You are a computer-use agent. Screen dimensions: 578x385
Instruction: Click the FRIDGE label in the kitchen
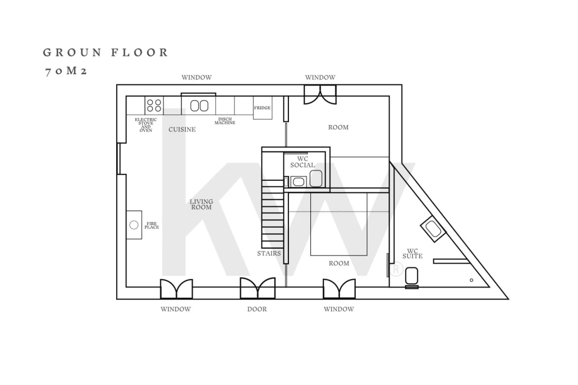[x=262, y=107]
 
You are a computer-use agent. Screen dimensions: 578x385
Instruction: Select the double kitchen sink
[x=199, y=106]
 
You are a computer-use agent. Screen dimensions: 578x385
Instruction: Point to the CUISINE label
[x=182, y=129]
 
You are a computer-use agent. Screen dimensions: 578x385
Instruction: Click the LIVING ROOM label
[x=201, y=204]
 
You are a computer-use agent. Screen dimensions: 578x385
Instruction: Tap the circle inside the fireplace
[x=134, y=225]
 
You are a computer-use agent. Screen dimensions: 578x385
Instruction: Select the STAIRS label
[x=269, y=253]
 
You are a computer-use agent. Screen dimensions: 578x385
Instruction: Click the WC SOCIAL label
[x=302, y=161]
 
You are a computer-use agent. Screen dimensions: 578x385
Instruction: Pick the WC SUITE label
[x=413, y=253]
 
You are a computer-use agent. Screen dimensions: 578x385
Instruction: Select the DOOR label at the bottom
[x=257, y=309]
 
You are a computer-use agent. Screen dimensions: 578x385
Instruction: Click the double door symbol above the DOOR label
[x=257, y=288]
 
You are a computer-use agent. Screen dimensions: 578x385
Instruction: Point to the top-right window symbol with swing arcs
[x=320, y=95]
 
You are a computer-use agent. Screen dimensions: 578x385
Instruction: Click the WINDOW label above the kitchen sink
[x=196, y=78]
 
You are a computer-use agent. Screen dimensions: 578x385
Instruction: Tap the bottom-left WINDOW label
[x=176, y=309]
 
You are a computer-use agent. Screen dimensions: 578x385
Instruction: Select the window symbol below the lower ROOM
[x=339, y=288]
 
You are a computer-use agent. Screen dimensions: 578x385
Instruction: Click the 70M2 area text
[x=66, y=71]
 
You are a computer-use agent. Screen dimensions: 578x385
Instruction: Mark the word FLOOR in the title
[x=140, y=52]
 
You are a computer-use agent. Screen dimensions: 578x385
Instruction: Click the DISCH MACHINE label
[x=225, y=121]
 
